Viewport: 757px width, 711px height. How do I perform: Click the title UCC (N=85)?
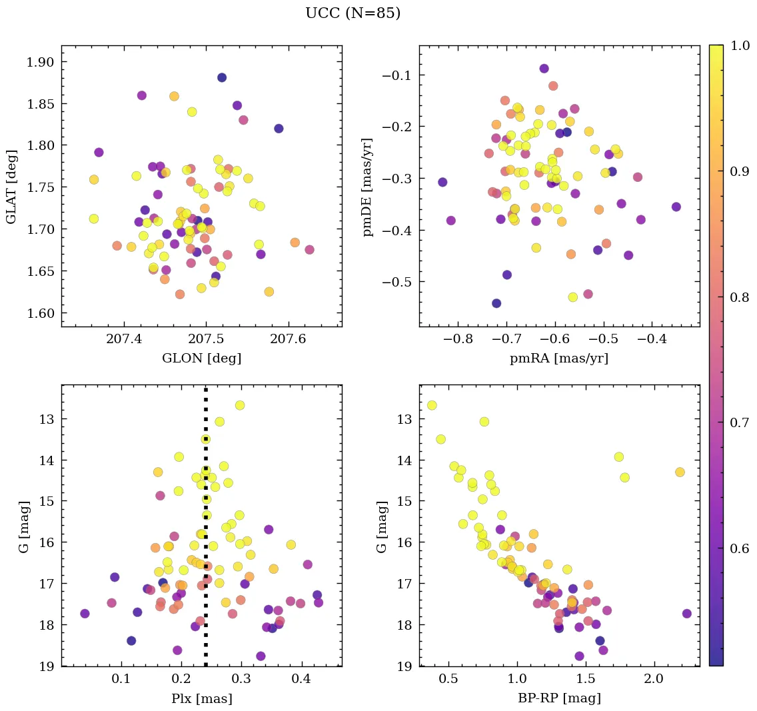[353, 13]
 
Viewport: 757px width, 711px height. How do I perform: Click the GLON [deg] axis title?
[201, 358]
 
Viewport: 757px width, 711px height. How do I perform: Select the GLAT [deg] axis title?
[11, 186]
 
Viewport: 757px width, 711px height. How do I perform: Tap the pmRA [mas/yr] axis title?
[558, 358]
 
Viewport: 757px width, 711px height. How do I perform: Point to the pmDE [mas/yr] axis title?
[367, 187]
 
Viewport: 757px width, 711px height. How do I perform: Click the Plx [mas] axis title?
[201, 698]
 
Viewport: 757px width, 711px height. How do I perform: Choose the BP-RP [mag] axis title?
[559, 698]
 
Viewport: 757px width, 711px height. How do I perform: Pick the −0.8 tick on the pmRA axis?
[458, 341]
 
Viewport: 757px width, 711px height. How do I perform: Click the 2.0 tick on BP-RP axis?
[654, 680]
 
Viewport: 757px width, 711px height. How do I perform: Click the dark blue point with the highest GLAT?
[222, 77]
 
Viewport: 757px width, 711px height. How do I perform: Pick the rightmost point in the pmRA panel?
[676, 207]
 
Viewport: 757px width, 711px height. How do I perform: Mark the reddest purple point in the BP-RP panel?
[687, 614]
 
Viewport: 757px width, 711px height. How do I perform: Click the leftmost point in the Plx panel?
[85, 614]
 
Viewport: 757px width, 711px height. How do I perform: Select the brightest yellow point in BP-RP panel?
[432, 405]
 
